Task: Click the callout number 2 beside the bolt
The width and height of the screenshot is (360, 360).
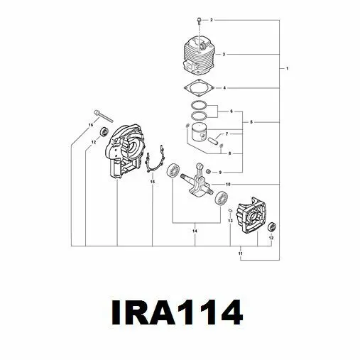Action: coord(212,20)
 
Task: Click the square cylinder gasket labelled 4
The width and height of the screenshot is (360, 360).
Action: coord(199,88)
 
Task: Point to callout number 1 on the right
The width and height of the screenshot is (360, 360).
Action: coord(288,69)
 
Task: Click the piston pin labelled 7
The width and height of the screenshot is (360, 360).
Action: coord(214,139)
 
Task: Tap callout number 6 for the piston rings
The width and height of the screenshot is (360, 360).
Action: coord(231,111)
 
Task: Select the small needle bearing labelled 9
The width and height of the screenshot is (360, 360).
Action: coord(209,171)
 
